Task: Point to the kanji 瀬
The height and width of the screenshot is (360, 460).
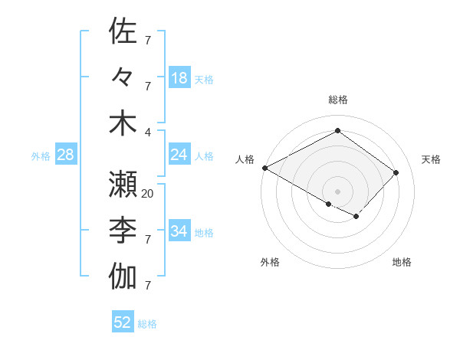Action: [x=123, y=184]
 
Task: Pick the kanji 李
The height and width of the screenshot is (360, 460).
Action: [x=123, y=230]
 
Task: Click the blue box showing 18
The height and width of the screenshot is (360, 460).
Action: [x=179, y=77]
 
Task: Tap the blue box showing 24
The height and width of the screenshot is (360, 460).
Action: [x=179, y=155]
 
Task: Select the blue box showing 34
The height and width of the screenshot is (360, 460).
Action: [x=179, y=231]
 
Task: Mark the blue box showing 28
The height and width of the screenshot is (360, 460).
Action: [x=65, y=155]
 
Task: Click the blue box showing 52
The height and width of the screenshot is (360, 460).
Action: [x=123, y=322]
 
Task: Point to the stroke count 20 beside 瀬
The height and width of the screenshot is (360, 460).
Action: [x=148, y=194]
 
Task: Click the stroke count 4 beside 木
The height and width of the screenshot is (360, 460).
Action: [x=148, y=131]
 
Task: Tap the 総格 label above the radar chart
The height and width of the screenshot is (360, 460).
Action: [x=337, y=100]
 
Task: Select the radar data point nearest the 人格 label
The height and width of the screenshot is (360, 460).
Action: [x=264, y=168]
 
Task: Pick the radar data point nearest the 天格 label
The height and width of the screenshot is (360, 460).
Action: [x=396, y=172]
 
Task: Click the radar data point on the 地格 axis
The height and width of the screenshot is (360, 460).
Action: [x=356, y=217]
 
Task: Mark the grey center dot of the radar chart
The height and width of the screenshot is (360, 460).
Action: [x=337, y=191]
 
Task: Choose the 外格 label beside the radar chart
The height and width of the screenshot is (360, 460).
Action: [x=270, y=262]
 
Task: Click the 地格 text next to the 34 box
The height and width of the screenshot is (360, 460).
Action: [x=205, y=232]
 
